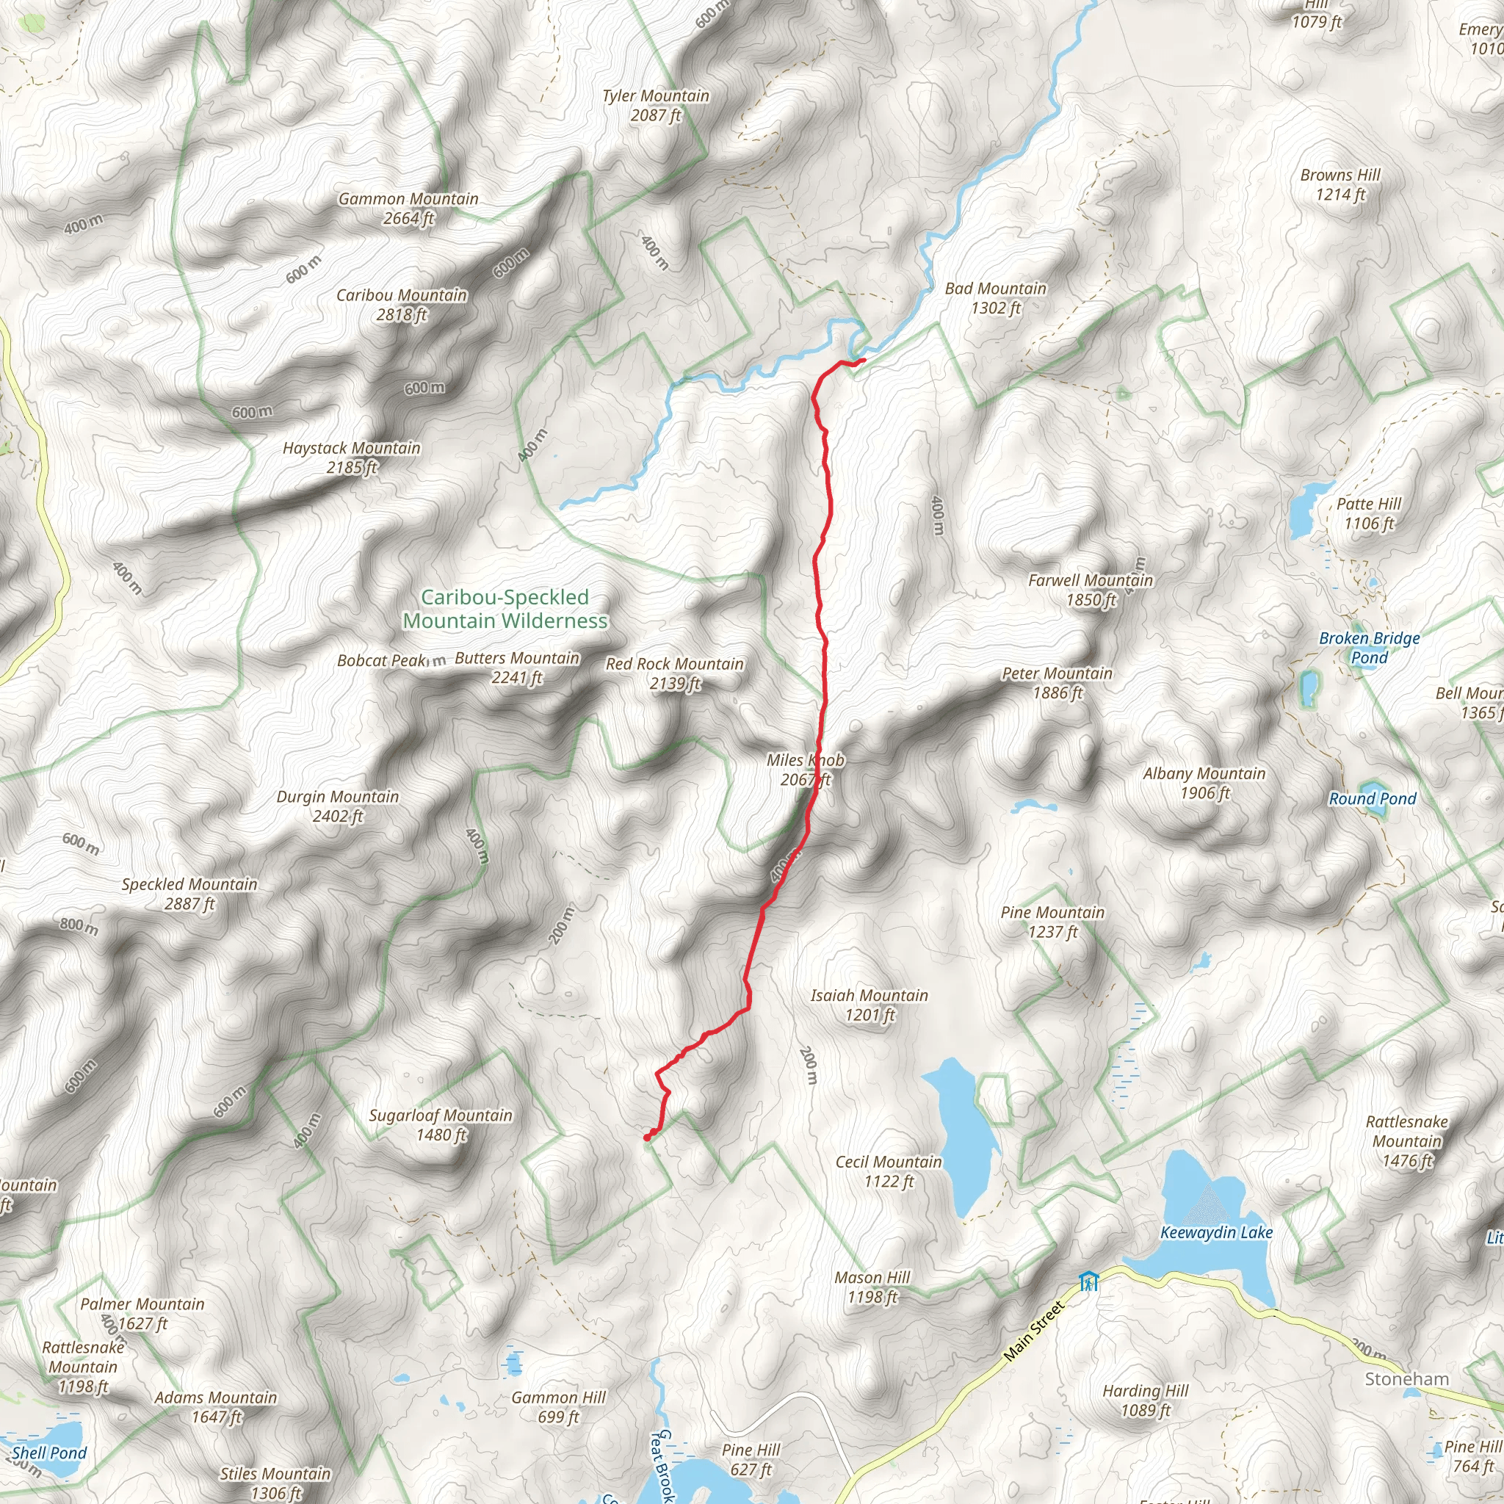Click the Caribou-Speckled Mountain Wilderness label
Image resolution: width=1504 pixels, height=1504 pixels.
[x=505, y=609]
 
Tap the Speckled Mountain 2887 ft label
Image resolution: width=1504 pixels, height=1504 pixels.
[x=189, y=894]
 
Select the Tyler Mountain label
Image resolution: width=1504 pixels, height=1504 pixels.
[x=656, y=105]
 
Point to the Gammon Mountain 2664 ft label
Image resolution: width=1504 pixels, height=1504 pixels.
[x=408, y=209]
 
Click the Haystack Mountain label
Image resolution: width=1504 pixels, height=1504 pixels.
[x=351, y=457]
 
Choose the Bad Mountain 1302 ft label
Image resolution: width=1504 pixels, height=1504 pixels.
[x=996, y=298]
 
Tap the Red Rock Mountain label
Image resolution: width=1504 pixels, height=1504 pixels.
[x=674, y=673]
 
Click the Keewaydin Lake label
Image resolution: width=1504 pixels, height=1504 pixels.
[x=1216, y=1232]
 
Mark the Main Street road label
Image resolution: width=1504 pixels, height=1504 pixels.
[x=1033, y=1331]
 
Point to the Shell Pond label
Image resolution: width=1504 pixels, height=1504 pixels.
[x=49, y=1453]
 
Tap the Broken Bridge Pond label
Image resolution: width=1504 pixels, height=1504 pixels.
[x=1369, y=648]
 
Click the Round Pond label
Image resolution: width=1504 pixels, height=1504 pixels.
[x=1372, y=799]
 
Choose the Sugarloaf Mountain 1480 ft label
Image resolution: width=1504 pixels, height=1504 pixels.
[x=441, y=1125]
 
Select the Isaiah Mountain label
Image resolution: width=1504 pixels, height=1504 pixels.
[x=869, y=1004]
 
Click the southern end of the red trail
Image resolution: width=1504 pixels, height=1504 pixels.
[x=647, y=1138]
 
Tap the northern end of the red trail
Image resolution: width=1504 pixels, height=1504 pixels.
[x=864, y=360]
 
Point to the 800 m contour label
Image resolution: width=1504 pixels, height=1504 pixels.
[x=79, y=926]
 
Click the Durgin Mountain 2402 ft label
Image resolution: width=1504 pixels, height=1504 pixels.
[x=338, y=806]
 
